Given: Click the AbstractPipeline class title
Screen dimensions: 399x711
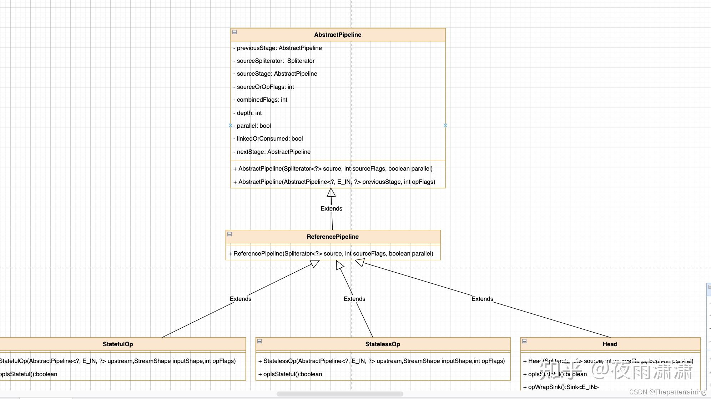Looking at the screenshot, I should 338,35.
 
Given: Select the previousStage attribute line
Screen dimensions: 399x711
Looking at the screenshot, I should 279,48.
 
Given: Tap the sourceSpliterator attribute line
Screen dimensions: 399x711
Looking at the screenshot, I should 276,61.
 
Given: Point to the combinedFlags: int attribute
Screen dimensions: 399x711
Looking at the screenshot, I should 262,100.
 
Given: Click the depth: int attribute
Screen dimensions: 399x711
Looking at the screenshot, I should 249,113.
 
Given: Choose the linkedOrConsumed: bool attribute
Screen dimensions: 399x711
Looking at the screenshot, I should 269,138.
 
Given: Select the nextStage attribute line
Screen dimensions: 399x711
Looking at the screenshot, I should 273,152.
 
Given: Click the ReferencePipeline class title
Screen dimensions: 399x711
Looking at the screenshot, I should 333,237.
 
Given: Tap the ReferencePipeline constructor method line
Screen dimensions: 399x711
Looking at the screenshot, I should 331,253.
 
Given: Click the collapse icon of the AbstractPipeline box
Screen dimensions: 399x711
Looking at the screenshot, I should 235,32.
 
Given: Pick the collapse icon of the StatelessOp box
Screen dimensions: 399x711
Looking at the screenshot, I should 259,341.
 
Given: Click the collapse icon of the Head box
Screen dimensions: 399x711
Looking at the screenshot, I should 524,341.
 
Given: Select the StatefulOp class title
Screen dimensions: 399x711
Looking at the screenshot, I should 118,344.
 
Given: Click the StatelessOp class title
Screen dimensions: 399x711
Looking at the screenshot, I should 383,344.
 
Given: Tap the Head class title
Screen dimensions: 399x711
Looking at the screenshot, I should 610,344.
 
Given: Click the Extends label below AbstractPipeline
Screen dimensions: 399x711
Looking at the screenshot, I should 331,208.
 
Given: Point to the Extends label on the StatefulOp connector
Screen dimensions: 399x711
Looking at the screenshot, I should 240,299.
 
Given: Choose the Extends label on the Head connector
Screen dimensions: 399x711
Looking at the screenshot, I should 482,299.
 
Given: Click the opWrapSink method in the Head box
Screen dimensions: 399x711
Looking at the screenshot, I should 561,387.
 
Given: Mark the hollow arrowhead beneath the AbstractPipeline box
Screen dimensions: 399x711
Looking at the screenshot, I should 331,192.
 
